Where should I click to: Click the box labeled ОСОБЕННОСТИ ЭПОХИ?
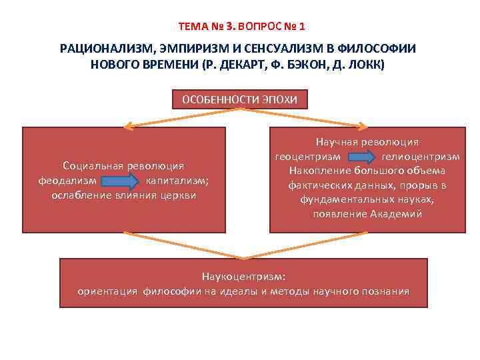pos(240,100)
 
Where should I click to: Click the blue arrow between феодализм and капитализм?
pos(122,180)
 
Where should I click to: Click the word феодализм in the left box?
pos(69,180)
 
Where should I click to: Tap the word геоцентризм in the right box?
pos(309,157)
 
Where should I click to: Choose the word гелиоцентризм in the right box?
pos(421,157)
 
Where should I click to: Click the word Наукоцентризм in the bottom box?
pos(243,276)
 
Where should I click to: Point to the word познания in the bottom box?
pos(385,291)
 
